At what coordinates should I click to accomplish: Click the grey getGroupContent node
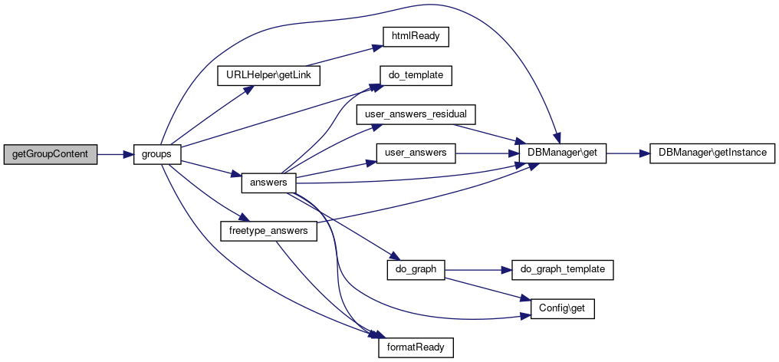[50, 155]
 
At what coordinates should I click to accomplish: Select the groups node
[157, 155]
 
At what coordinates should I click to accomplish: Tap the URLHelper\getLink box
[268, 76]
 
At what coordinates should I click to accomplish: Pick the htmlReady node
[416, 37]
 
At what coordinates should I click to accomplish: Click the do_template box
[416, 76]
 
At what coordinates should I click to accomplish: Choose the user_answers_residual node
[416, 114]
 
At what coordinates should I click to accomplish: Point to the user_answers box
[416, 153]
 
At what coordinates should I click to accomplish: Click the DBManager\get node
[562, 153]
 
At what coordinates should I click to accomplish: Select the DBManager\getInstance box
[712, 153]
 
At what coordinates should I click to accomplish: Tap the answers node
[268, 183]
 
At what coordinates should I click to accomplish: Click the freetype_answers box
[268, 231]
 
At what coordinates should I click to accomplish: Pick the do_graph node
[416, 269]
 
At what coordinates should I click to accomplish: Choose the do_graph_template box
[562, 269]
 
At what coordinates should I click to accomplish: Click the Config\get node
[562, 309]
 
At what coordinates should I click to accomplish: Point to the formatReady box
[416, 347]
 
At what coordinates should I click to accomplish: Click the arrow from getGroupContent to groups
[115, 155]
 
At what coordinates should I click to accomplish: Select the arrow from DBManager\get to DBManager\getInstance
[628, 153]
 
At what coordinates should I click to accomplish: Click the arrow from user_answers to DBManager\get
[487, 153]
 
